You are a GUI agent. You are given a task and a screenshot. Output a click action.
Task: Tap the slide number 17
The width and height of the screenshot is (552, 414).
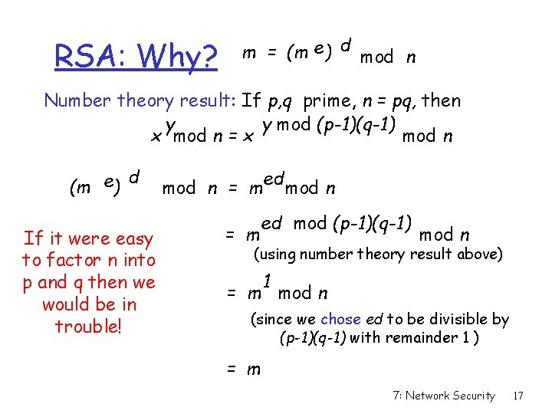pyautogui.click(x=518, y=396)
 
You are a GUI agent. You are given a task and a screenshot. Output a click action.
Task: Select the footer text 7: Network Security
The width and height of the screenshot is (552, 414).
pyautogui.click(x=443, y=396)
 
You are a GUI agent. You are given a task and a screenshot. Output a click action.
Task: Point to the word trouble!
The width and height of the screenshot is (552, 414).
pyautogui.click(x=89, y=326)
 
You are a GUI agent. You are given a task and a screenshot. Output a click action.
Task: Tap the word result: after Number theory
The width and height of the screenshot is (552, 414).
pyautogui.click(x=210, y=100)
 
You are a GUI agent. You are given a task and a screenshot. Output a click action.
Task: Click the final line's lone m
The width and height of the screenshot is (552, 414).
pyautogui.click(x=254, y=370)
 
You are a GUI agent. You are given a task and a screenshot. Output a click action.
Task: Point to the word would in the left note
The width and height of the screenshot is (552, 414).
pyautogui.click(x=67, y=304)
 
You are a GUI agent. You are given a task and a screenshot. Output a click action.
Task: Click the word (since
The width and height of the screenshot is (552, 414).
pyautogui.click(x=268, y=319)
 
